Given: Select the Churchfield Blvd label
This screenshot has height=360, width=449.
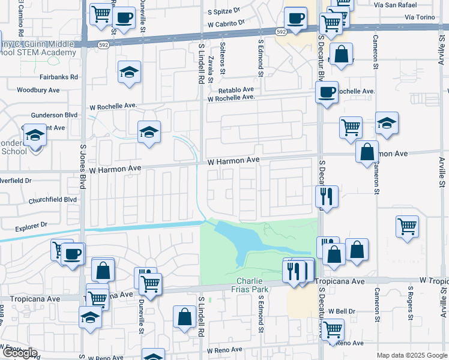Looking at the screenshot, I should [x=53, y=199].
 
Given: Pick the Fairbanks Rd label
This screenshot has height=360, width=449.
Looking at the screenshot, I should [x=59, y=77].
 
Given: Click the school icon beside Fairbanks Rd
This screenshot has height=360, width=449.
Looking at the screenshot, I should [x=130, y=73].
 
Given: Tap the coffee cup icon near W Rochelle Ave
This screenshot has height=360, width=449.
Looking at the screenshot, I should [x=327, y=92].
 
